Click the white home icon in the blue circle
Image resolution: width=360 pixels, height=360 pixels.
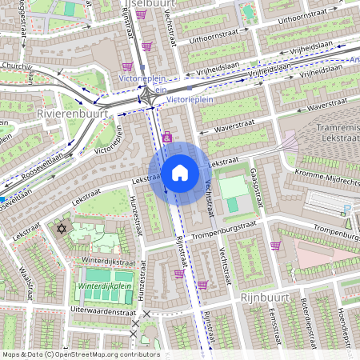(x=180, y=172)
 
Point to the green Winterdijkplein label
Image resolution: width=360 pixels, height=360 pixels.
(x=104, y=286)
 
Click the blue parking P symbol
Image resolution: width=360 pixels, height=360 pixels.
(x=346, y=210)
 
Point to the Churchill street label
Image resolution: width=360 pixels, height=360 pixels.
(x=16, y=66)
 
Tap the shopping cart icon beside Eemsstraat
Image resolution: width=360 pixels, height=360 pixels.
(x=275, y=246)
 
